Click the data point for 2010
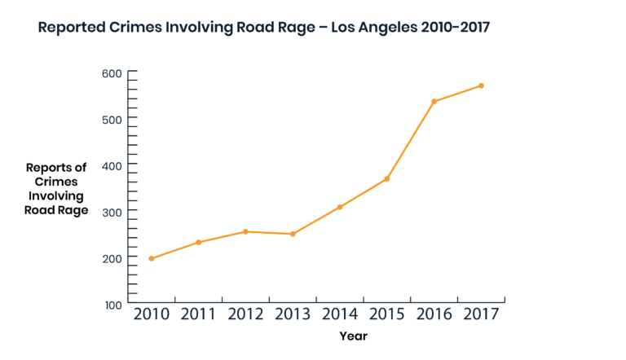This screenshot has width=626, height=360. [152, 258]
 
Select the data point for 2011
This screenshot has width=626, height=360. [198, 242]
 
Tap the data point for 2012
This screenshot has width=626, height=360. [245, 231]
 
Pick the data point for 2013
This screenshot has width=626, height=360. [293, 234]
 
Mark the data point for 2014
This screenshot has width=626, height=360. [340, 207]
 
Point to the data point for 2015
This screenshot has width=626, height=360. [387, 178]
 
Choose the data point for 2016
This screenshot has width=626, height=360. [434, 101]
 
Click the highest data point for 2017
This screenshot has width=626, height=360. [481, 86]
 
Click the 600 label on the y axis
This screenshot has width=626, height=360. [111, 72]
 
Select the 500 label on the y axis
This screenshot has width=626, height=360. [111, 119]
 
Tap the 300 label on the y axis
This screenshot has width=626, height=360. [111, 211]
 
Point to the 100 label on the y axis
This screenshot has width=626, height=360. [111, 304]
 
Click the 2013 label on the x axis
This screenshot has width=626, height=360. [293, 314]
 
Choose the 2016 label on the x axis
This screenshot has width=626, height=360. [434, 314]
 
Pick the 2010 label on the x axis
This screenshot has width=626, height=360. [152, 314]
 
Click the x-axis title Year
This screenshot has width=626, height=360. [353, 336]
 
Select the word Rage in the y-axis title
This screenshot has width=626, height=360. [71, 210]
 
